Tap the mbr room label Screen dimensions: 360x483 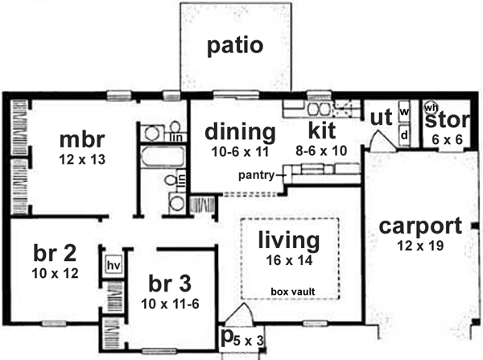pyautogui.click(x=83, y=139)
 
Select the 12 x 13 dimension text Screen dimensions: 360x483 pyautogui.click(x=82, y=159)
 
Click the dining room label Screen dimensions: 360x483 pyautogui.click(x=239, y=130)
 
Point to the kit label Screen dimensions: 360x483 pyautogui.click(x=327, y=130)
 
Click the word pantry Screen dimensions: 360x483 pyautogui.click(x=256, y=173)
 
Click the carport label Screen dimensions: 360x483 pyautogui.click(x=421, y=226)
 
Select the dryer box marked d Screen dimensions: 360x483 pyautogui.click(x=405, y=135)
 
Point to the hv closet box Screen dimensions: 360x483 pyautogui.click(x=112, y=263)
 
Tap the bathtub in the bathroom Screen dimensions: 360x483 pyautogui.click(x=155, y=155)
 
